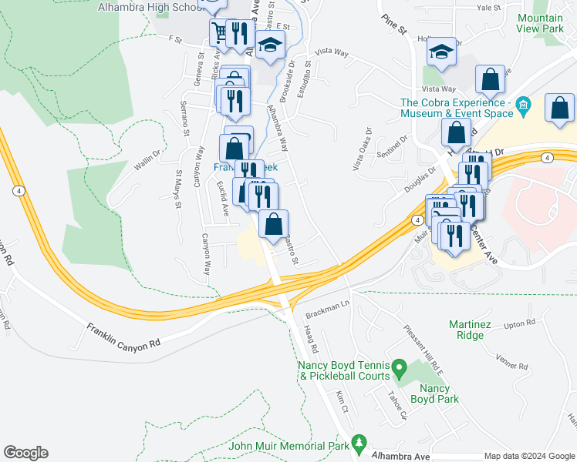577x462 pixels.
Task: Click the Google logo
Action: pos(25,453)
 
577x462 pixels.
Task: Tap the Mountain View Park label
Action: pos(540,23)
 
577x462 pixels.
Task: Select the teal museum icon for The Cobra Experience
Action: pos(523,104)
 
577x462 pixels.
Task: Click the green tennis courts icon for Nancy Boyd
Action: pos(399,367)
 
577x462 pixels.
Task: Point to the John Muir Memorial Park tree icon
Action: pos(358,443)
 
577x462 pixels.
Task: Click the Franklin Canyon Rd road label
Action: pos(123,336)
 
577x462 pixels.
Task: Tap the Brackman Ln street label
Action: pos(327,306)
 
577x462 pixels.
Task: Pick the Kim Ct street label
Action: pos(342,400)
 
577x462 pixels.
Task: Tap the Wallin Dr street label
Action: pos(145,159)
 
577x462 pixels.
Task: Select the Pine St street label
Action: pos(393,23)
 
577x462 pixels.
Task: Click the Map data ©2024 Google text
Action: pos(528,456)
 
